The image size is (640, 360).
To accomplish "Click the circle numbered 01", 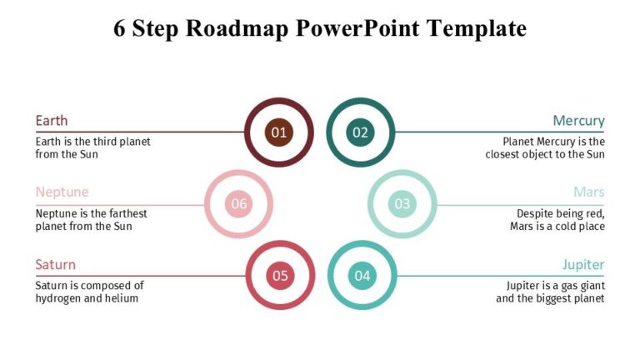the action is tap(279, 132).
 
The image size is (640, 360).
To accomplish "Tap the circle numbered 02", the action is tap(360, 132).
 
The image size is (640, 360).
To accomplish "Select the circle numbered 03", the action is tap(402, 204).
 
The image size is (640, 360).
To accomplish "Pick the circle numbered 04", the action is tap(362, 276).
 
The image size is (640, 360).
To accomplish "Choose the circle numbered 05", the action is tap(280, 276).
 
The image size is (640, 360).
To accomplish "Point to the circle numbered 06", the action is tap(239, 204).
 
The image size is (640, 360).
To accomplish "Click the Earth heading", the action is tap(52, 121).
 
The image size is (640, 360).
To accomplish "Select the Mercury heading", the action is tap(578, 121).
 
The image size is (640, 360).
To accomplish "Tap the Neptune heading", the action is tap(62, 192).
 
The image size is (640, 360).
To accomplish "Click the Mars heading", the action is tap(588, 192).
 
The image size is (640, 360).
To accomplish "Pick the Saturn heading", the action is tap(55, 265).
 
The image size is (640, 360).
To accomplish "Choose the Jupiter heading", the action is tap(583, 265).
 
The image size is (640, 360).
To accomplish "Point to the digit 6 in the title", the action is tap(120, 29).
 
